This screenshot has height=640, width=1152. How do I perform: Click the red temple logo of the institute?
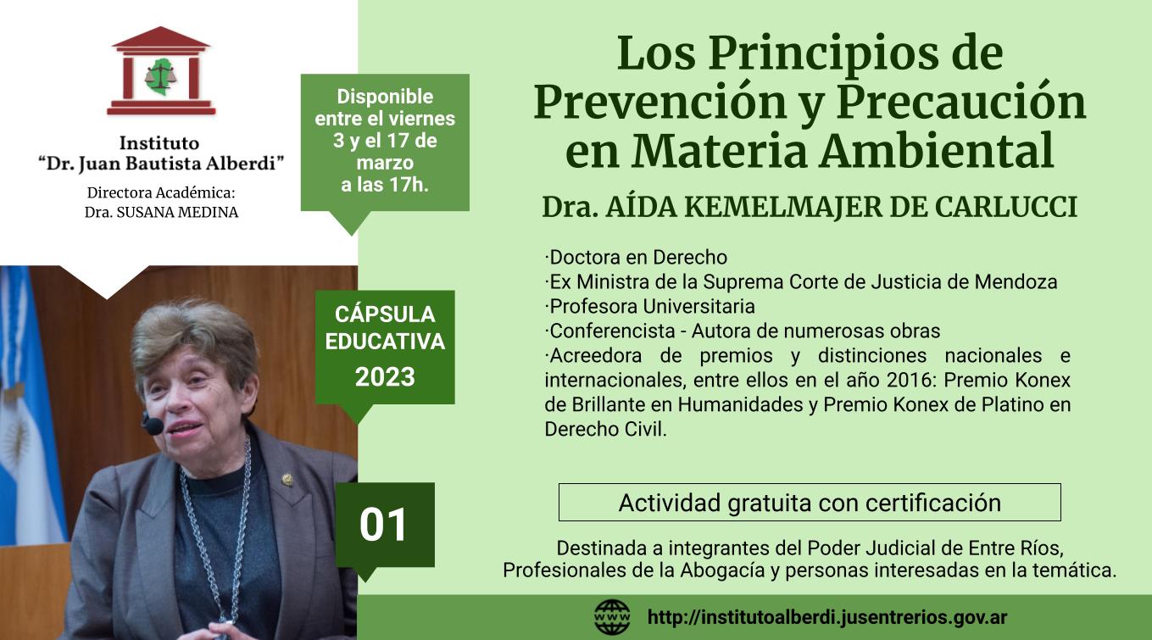coord(161,70)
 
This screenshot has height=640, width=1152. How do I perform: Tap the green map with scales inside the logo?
coord(160,76)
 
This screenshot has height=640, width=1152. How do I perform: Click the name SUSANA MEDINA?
coord(177,212)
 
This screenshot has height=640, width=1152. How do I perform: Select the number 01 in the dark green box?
coord(383,525)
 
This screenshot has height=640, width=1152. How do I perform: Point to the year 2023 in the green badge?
coord(385,376)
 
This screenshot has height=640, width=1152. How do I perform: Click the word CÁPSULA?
coord(385,314)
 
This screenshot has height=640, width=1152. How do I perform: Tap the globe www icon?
coord(612,617)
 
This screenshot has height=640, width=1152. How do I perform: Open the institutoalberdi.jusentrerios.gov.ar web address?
coord(827,617)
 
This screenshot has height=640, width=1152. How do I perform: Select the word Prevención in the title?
coord(660,102)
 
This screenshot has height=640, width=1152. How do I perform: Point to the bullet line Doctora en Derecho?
coord(636,257)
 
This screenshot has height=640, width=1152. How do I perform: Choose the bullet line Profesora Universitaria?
coord(650,306)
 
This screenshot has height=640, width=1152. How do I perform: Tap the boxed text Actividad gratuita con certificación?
coord(810,503)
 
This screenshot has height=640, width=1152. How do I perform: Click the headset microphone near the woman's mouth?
coord(153,426)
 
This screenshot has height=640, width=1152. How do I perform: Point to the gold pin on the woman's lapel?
coord(287,480)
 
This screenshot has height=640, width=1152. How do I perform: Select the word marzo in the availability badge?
coord(385,163)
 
